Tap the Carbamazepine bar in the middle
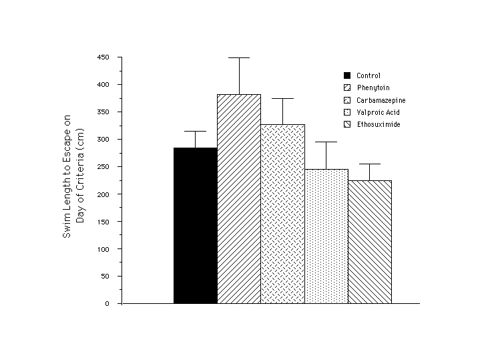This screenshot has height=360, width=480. (x=282, y=214)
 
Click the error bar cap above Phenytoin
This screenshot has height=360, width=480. (x=239, y=58)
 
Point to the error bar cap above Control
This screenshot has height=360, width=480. (x=195, y=131)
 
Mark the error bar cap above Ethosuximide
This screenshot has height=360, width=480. (x=370, y=164)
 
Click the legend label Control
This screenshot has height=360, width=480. (x=369, y=75)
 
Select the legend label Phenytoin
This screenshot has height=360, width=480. (x=372, y=87)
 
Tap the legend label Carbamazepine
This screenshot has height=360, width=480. (x=381, y=100)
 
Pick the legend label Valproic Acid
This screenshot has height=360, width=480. (x=378, y=112)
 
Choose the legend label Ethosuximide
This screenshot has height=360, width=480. (x=379, y=125)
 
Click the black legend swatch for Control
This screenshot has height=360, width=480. (x=347, y=75)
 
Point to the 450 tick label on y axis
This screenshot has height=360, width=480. (x=102, y=57)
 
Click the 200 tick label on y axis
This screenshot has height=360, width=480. (x=102, y=194)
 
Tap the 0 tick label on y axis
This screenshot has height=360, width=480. (x=106, y=304)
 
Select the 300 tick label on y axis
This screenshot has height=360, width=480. (x=102, y=140)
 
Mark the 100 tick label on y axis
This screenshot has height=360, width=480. (x=102, y=249)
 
